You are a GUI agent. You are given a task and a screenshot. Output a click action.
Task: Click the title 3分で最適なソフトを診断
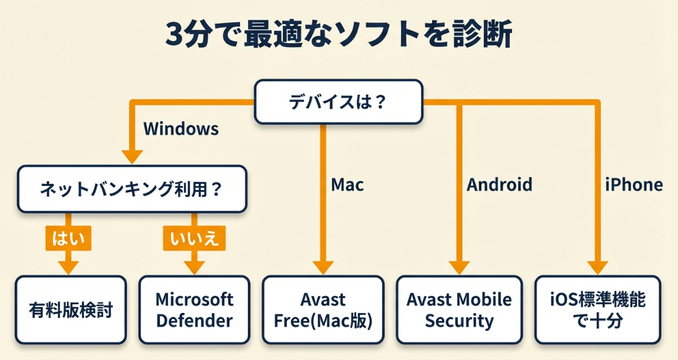[339, 35]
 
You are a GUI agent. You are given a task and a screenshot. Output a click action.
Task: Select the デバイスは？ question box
[339, 101]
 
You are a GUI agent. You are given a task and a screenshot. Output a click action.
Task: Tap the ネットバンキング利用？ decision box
[132, 190]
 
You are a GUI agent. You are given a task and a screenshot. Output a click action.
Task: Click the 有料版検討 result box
[71, 310]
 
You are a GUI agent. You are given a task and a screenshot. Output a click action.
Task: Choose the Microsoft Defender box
[194, 310]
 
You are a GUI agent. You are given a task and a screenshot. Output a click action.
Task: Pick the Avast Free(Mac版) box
[323, 310]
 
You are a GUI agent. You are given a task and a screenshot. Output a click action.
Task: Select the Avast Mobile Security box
[459, 310]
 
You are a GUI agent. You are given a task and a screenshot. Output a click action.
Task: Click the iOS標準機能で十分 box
[597, 310]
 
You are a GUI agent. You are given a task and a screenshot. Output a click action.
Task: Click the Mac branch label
[347, 185]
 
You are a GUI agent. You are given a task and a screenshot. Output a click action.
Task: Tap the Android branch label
[499, 185]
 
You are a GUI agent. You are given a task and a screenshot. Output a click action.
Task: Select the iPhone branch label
[634, 185]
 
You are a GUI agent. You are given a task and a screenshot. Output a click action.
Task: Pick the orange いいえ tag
[194, 238]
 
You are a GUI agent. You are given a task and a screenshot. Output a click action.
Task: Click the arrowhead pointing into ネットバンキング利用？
[132, 156]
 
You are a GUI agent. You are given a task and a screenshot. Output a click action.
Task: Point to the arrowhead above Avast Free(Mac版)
[323, 267]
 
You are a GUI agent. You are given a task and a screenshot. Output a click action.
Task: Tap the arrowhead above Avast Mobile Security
[459, 267]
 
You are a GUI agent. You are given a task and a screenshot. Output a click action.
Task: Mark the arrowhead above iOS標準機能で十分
[597, 267]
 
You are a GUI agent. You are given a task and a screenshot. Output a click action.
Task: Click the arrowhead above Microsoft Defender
[194, 267]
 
